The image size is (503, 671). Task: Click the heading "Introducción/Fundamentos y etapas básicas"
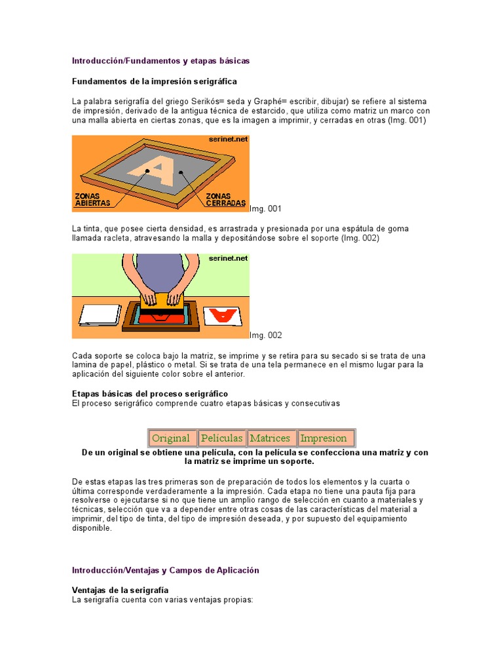click(160, 61)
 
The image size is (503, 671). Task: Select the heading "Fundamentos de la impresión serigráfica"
click(154, 82)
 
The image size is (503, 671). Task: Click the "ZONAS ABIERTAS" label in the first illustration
click(92, 199)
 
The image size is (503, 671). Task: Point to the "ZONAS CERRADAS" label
click(225, 199)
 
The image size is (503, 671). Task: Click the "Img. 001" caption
click(266, 208)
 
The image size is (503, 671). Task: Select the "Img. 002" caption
click(266, 335)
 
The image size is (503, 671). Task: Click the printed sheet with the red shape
click(223, 316)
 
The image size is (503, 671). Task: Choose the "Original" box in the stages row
click(170, 438)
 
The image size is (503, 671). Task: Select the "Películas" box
click(222, 438)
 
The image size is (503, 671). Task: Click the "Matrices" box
click(270, 438)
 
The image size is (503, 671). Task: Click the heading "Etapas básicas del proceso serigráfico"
click(150, 394)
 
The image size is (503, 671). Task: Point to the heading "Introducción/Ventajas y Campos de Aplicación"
click(165, 570)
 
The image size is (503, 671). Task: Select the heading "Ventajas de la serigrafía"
click(120, 590)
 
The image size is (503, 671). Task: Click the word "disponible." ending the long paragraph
click(92, 528)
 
